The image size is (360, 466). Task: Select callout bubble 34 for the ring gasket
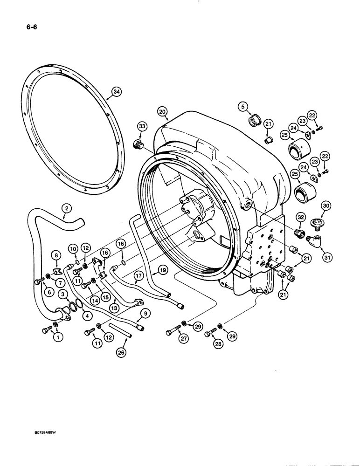click(x=116, y=92)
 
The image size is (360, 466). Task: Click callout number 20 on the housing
click(x=162, y=112)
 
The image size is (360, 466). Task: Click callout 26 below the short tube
click(x=121, y=353)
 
